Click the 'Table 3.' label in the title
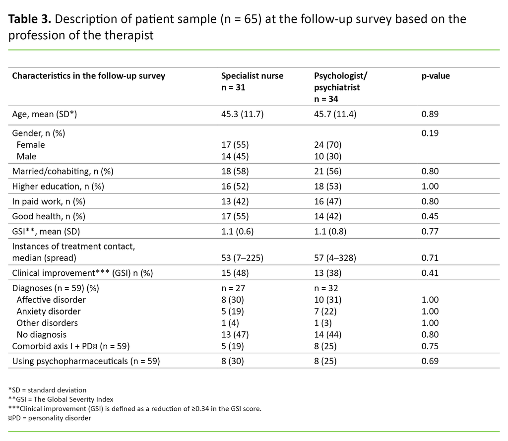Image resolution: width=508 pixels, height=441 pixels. tap(28, 19)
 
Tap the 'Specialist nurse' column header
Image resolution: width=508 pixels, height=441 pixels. tap(252, 76)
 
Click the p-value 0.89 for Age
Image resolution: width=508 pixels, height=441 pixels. tap(430, 114)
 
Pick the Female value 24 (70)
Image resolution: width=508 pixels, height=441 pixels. tap(328, 145)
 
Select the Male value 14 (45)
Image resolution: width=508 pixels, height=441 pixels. tap(235, 156)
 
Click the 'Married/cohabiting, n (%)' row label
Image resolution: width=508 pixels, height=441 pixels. tap(63, 171)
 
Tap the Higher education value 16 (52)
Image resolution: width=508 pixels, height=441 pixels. tap(235, 186)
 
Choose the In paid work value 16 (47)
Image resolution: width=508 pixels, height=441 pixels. tap(328, 201)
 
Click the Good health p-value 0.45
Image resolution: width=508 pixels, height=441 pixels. tap(430, 216)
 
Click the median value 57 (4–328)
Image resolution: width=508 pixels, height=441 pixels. tap(335, 258)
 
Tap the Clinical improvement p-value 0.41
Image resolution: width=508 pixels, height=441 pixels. tap(430, 273)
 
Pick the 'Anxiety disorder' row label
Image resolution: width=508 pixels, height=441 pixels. tap(49, 312)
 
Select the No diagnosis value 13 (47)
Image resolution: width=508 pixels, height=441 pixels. tap(235, 334)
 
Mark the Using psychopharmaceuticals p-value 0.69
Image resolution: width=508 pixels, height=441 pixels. tap(430, 361)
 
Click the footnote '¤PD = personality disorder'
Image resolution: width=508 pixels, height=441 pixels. tap(50, 418)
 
